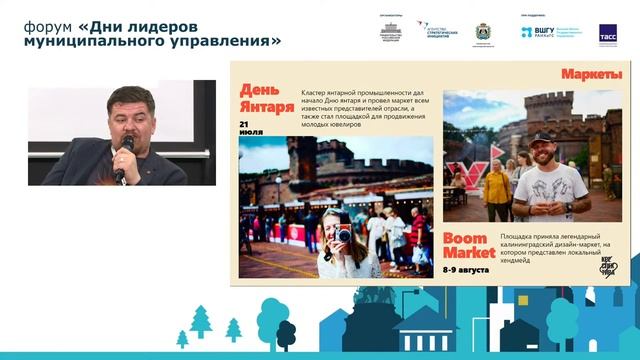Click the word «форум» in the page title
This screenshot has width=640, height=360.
(x=46, y=25)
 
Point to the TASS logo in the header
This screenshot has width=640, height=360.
(x=607, y=32)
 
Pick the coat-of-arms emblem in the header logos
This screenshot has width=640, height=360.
(x=483, y=31)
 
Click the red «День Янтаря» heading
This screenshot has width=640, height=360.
(x=266, y=98)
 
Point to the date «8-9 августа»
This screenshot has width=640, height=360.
(x=469, y=270)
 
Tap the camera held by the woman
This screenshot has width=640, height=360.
(x=343, y=234)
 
